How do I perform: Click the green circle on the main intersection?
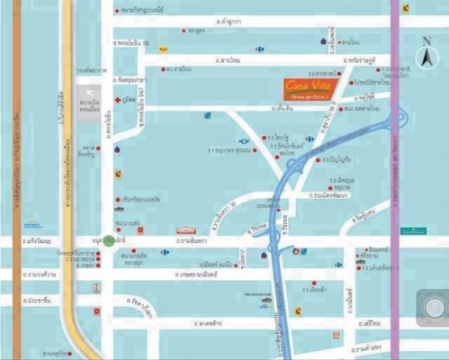tap(109, 241)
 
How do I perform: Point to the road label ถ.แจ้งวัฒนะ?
tap(40, 241)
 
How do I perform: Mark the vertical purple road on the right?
tap(393, 180)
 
